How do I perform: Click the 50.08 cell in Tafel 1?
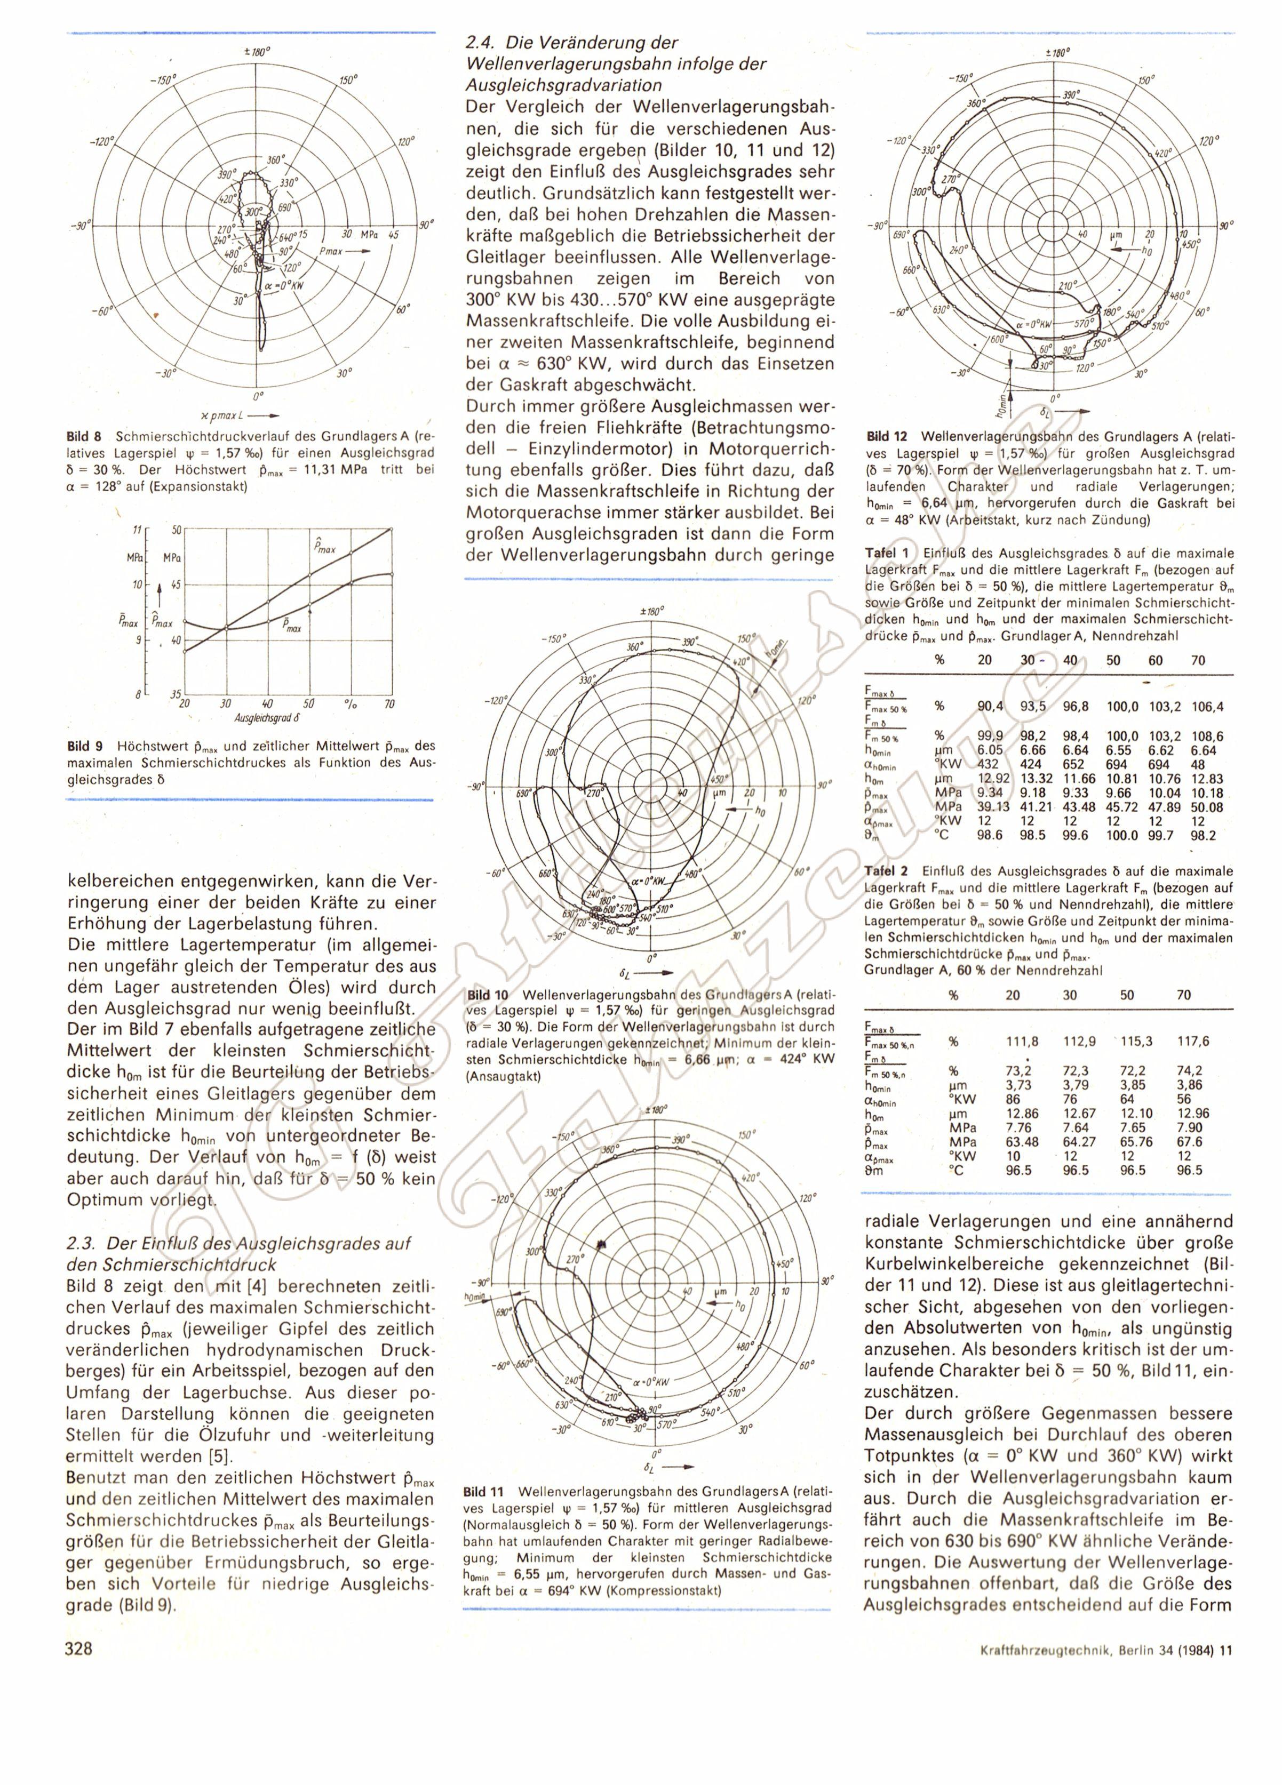point(1206,807)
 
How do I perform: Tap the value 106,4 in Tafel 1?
point(1208,707)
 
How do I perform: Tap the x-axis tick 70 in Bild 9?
point(389,703)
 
